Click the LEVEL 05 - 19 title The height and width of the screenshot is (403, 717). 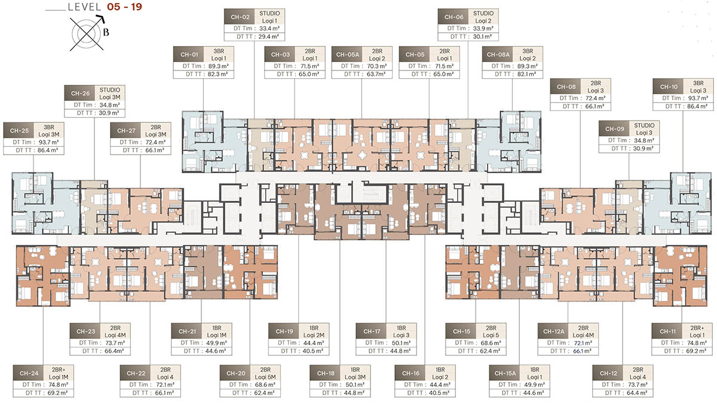point(105,9)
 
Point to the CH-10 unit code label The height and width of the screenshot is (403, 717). point(665,86)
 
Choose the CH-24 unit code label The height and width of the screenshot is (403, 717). point(27,373)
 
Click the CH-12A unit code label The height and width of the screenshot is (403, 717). point(553,331)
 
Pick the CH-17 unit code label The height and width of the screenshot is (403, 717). point(369,331)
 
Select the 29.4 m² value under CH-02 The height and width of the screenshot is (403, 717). point(265,37)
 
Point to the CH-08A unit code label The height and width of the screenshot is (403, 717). point(496,54)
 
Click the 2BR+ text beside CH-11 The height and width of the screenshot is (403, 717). point(697,327)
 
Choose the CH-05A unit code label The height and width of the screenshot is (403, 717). point(345,54)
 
